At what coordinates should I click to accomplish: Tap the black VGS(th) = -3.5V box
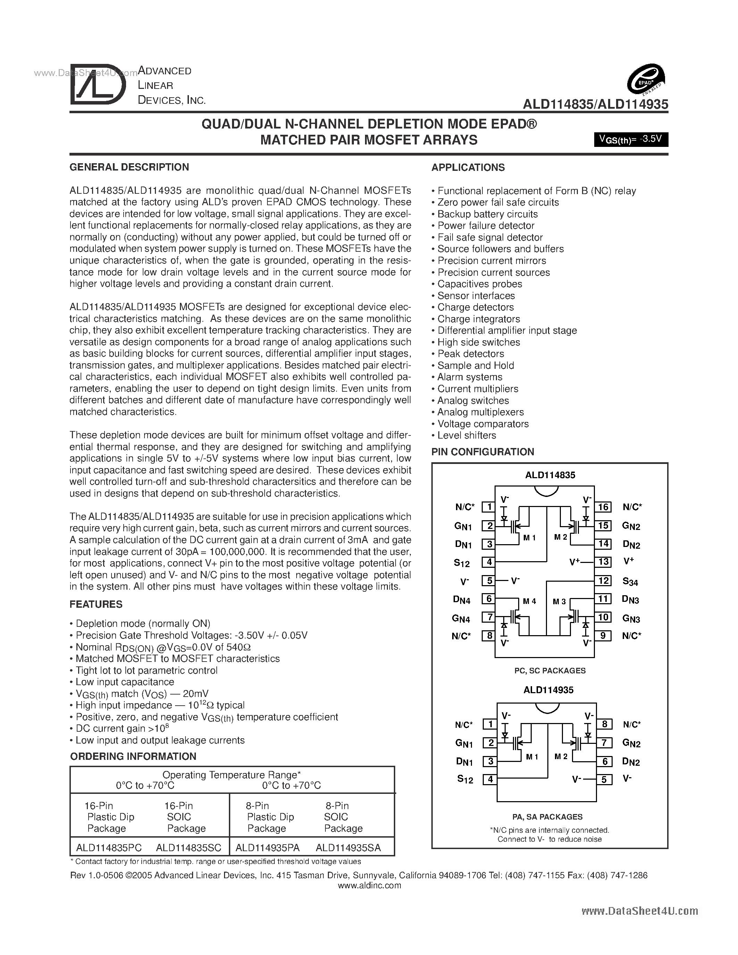(x=630, y=140)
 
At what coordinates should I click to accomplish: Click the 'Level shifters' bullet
(x=466, y=435)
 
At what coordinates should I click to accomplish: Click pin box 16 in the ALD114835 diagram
(x=603, y=507)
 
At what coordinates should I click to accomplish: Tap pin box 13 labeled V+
(x=603, y=562)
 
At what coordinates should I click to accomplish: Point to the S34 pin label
(x=630, y=582)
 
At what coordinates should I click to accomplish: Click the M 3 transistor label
(x=559, y=602)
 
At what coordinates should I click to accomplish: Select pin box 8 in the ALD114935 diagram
(x=604, y=724)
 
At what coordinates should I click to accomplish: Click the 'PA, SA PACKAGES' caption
(x=547, y=817)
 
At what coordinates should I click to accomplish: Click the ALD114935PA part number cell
(x=267, y=848)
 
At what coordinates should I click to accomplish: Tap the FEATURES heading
(x=96, y=604)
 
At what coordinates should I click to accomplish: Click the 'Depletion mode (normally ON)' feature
(x=142, y=624)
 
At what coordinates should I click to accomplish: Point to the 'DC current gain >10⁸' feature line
(x=122, y=729)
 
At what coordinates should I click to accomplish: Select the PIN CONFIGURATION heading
(x=482, y=452)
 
